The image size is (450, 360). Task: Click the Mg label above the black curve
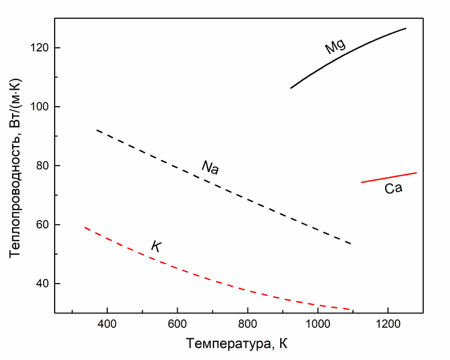pyautogui.click(x=335, y=45)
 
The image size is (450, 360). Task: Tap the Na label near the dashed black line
pyautogui.click(x=210, y=167)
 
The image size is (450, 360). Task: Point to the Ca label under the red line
pyautogui.click(x=393, y=188)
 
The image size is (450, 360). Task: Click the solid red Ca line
pyautogui.click(x=388, y=177)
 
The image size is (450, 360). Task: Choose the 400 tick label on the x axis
pyautogui.click(x=107, y=325)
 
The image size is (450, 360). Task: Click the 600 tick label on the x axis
pyautogui.click(x=177, y=325)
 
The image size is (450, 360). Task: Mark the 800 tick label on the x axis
pyautogui.click(x=247, y=325)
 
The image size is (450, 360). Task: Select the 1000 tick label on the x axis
pyautogui.click(x=317, y=325)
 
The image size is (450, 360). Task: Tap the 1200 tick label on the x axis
pyautogui.click(x=388, y=325)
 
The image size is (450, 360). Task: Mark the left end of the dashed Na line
pyautogui.click(x=98, y=130)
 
